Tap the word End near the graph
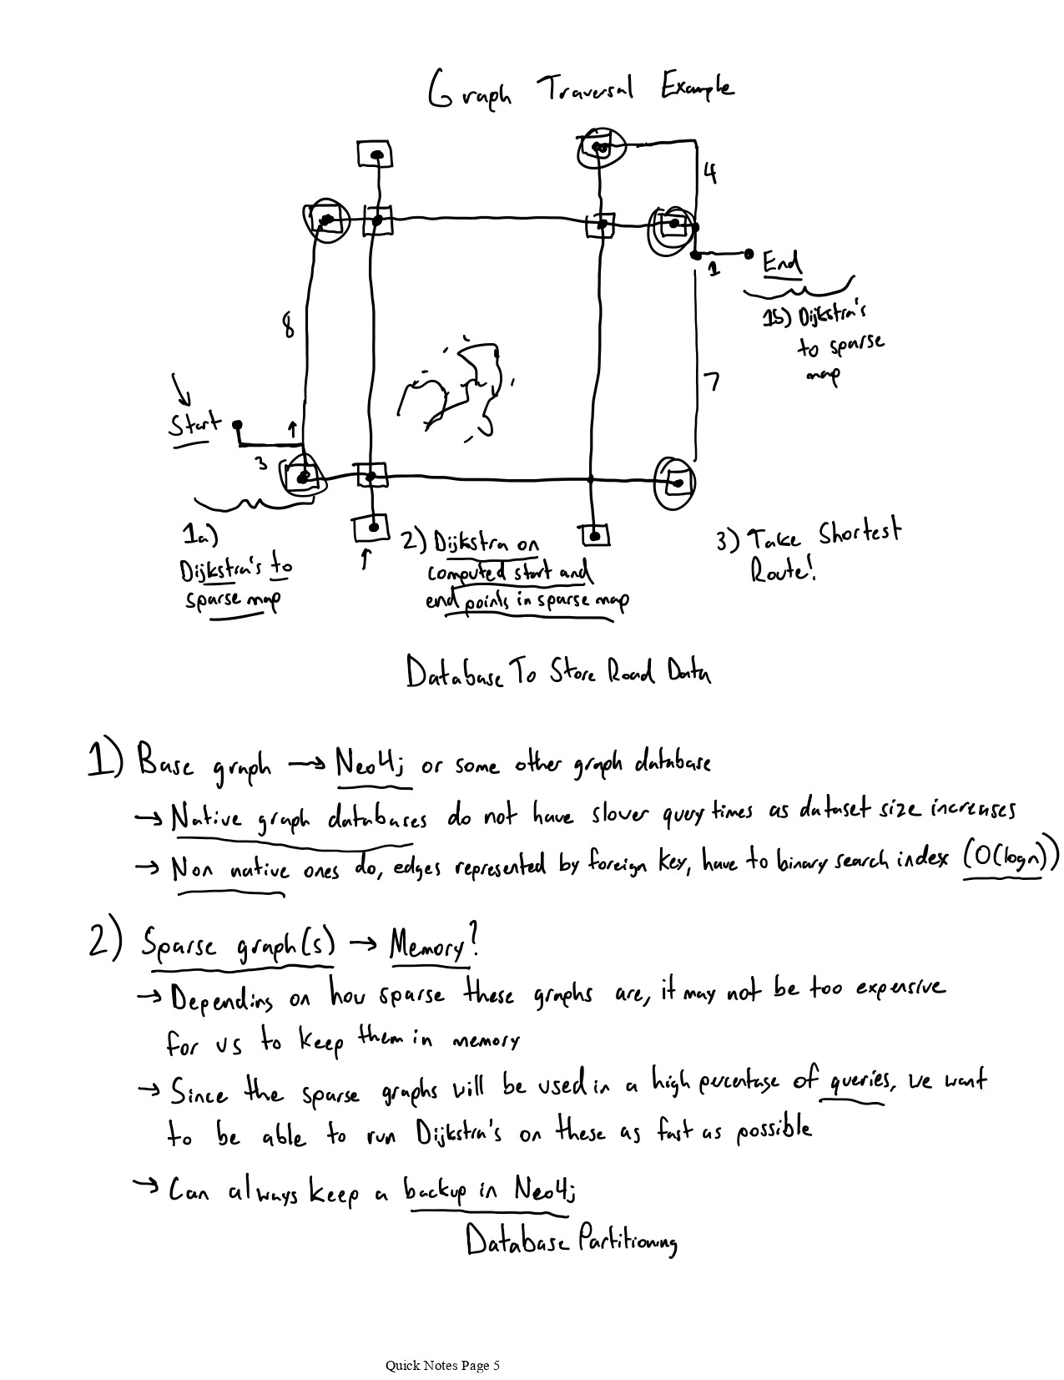pyautogui.click(x=782, y=263)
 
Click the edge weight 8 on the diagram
pyautogui.click(x=287, y=324)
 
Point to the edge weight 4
pyautogui.click(x=708, y=174)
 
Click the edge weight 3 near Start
pyautogui.click(x=261, y=462)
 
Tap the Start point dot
pyautogui.click(x=237, y=423)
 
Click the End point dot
pyautogui.click(x=749, y=252)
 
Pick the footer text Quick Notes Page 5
pyautogui.click(x=442, y=1366)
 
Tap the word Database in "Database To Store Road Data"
pyautogui.click(x=455, y=673)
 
